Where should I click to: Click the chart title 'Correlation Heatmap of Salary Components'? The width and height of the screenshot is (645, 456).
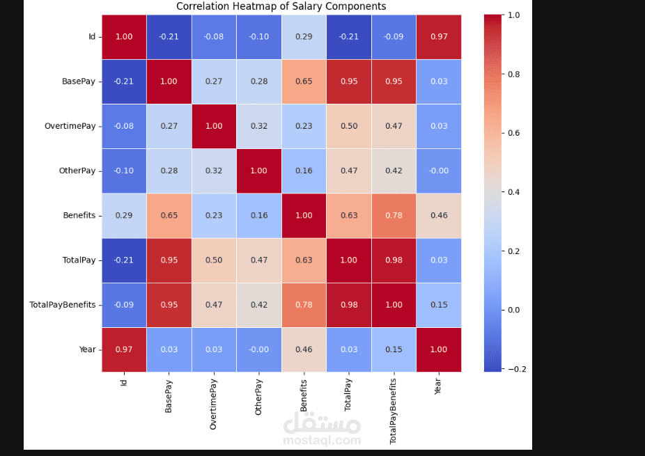[281, 6]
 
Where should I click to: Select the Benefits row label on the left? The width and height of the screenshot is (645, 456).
[79, 216]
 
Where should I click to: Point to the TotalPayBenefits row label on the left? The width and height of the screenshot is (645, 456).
[63, 305]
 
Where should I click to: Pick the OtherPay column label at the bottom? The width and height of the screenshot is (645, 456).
[258, 398]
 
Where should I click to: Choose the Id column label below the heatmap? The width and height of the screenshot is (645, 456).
[124, 382]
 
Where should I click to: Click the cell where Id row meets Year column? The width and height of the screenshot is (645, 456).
[439, 36]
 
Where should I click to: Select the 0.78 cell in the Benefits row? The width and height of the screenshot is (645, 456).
[394, 216]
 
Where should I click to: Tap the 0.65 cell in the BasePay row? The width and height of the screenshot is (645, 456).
[304, 81]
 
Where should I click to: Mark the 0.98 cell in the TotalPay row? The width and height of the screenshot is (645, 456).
[394, 260]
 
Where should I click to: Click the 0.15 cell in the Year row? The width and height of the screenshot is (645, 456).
[394, 349]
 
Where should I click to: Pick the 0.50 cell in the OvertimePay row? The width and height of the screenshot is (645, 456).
[348, 126]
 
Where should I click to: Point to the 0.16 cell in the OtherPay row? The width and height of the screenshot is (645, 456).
[304, 171]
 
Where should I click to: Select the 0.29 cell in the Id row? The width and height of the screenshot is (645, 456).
[304, 36]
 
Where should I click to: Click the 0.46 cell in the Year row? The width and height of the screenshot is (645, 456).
[304, 349]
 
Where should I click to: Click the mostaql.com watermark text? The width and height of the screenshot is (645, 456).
[322, 441]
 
